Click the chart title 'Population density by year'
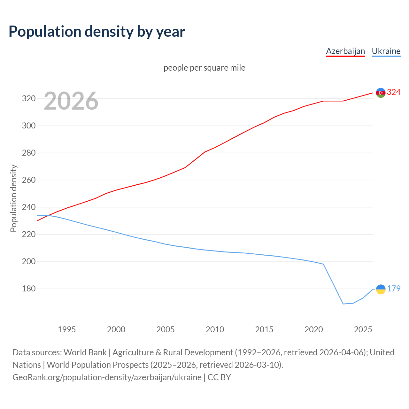97,31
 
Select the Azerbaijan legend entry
345,51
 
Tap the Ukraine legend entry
386,51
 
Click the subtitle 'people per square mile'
204,68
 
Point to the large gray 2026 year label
71,101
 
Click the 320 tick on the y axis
28,98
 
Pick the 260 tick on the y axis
28,180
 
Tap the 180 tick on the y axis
28,289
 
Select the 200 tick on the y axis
28,261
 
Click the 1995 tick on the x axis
66,329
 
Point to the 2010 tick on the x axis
215,329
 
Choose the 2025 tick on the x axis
363,329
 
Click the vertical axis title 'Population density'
13,198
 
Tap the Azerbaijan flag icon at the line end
381,93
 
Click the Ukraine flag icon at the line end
381,289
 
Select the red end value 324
394,92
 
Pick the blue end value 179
394,289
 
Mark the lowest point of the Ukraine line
343,304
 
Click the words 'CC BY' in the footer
219,377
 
